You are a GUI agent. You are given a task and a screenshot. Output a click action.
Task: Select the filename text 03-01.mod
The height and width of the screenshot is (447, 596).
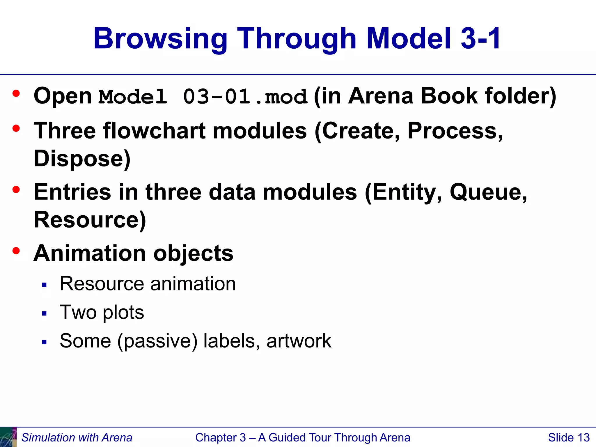(x=245, y=97)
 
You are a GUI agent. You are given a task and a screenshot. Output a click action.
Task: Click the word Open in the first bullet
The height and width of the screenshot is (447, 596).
(x=63, y=96)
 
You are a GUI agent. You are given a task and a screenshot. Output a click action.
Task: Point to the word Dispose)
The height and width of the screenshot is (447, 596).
(x=82, y=159)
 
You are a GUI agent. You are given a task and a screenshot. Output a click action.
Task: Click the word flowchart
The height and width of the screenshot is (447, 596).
(x=154, y=131)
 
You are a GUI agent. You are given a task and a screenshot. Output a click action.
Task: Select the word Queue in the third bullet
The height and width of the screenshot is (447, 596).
(x=488, y=192)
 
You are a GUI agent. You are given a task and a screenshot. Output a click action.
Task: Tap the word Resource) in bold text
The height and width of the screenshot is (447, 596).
(x=90, y=220)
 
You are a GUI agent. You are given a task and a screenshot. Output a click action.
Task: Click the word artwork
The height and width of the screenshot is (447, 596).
(x=299, y=341)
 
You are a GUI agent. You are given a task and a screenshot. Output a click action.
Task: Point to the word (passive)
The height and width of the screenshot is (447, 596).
(x=157, y=341)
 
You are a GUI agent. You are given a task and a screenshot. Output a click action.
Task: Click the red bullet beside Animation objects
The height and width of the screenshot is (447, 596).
(x=16, y=251)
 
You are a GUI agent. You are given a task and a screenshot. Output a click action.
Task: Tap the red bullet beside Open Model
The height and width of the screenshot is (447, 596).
(x=16, y=93)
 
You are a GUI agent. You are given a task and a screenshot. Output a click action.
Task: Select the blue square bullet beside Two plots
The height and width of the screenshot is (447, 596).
(x=44, y=313)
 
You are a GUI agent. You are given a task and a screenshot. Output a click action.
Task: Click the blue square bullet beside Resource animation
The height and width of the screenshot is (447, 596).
(x=44, y=285)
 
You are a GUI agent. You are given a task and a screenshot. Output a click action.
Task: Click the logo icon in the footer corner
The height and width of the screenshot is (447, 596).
(x=8, y=437)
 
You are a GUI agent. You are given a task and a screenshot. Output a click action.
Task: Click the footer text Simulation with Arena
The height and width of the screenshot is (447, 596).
(x=77, y=437)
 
